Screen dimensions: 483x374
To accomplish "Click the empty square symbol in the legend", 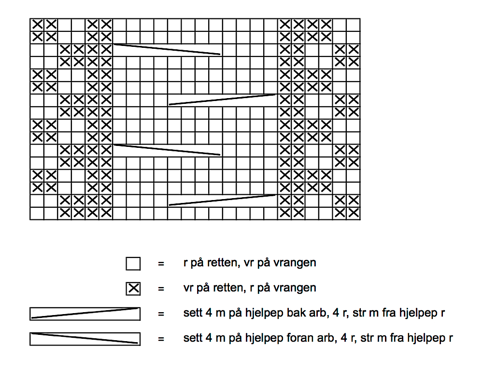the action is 133,264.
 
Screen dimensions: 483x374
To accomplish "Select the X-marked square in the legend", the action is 133,288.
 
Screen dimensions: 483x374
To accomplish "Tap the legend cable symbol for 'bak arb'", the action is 85,314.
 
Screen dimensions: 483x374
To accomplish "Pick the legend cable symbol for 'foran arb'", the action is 85,339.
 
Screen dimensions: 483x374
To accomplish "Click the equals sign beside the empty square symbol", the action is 161,264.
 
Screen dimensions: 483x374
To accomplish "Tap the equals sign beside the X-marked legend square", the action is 161,288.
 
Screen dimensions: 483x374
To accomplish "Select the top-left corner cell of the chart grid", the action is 37,25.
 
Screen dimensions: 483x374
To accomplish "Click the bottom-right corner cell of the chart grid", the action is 354,213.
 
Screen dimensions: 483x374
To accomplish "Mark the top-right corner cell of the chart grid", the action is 354,25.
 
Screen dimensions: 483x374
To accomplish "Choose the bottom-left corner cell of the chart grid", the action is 37,213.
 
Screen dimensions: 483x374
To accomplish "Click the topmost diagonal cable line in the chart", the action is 167,49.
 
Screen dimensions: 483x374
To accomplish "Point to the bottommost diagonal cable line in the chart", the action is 222,200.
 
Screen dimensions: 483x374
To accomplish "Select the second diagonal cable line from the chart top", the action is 222,100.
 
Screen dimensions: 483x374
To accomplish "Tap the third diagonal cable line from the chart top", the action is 167,150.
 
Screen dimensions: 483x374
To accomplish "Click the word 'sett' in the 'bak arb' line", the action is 192,313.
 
